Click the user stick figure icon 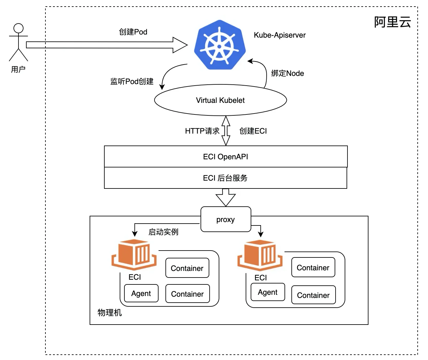pos(18,42)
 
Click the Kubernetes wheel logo pos(219,45)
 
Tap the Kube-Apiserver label pos(279,35)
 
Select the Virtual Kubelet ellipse pos(220,100)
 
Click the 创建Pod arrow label pos(133,32)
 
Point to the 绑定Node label pos(287,73)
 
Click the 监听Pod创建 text pos(132,82)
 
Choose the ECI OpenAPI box pos(226,156)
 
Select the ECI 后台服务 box pos(226,178)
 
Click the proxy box pos(226,219)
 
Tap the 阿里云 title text pos(392,22)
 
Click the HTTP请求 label pos(202,131)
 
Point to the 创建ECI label pos(253,131)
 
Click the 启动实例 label pos(163,232)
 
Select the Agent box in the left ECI pos(141,293)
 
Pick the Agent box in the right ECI pos(268,292)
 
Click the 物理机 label pos(110,313)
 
